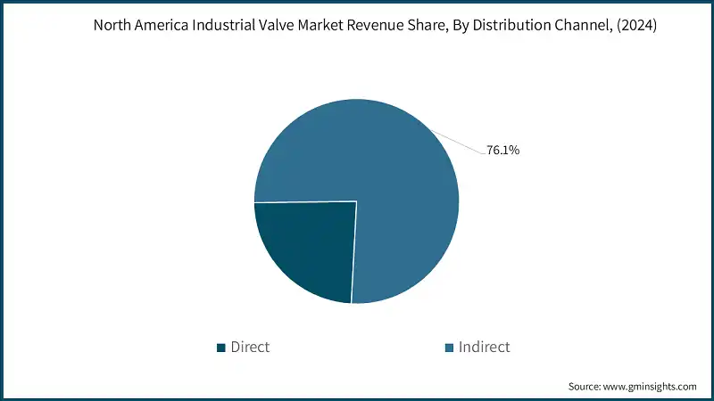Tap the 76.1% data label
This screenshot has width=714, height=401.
502,150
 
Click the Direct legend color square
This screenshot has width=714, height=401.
221,347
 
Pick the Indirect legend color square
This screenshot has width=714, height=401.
449,347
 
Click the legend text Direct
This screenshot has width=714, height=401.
250,347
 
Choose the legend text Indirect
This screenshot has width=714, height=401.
484,347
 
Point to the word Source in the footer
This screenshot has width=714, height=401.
585,387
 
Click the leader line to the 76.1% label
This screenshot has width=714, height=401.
459,142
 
